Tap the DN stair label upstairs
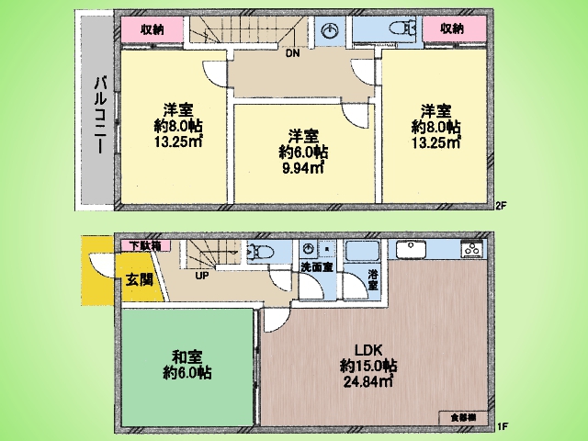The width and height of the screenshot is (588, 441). point(291,53)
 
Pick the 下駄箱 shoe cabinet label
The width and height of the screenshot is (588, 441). point(144,245)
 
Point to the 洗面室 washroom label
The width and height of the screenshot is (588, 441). point(316,267)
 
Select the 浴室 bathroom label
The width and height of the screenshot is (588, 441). point(373,279)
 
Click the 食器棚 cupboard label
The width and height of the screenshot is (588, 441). point(464,418)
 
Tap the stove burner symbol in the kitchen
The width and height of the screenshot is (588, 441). point(474,249)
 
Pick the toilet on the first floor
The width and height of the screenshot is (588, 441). point(261,251)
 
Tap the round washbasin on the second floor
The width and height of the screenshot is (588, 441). point(330,30)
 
